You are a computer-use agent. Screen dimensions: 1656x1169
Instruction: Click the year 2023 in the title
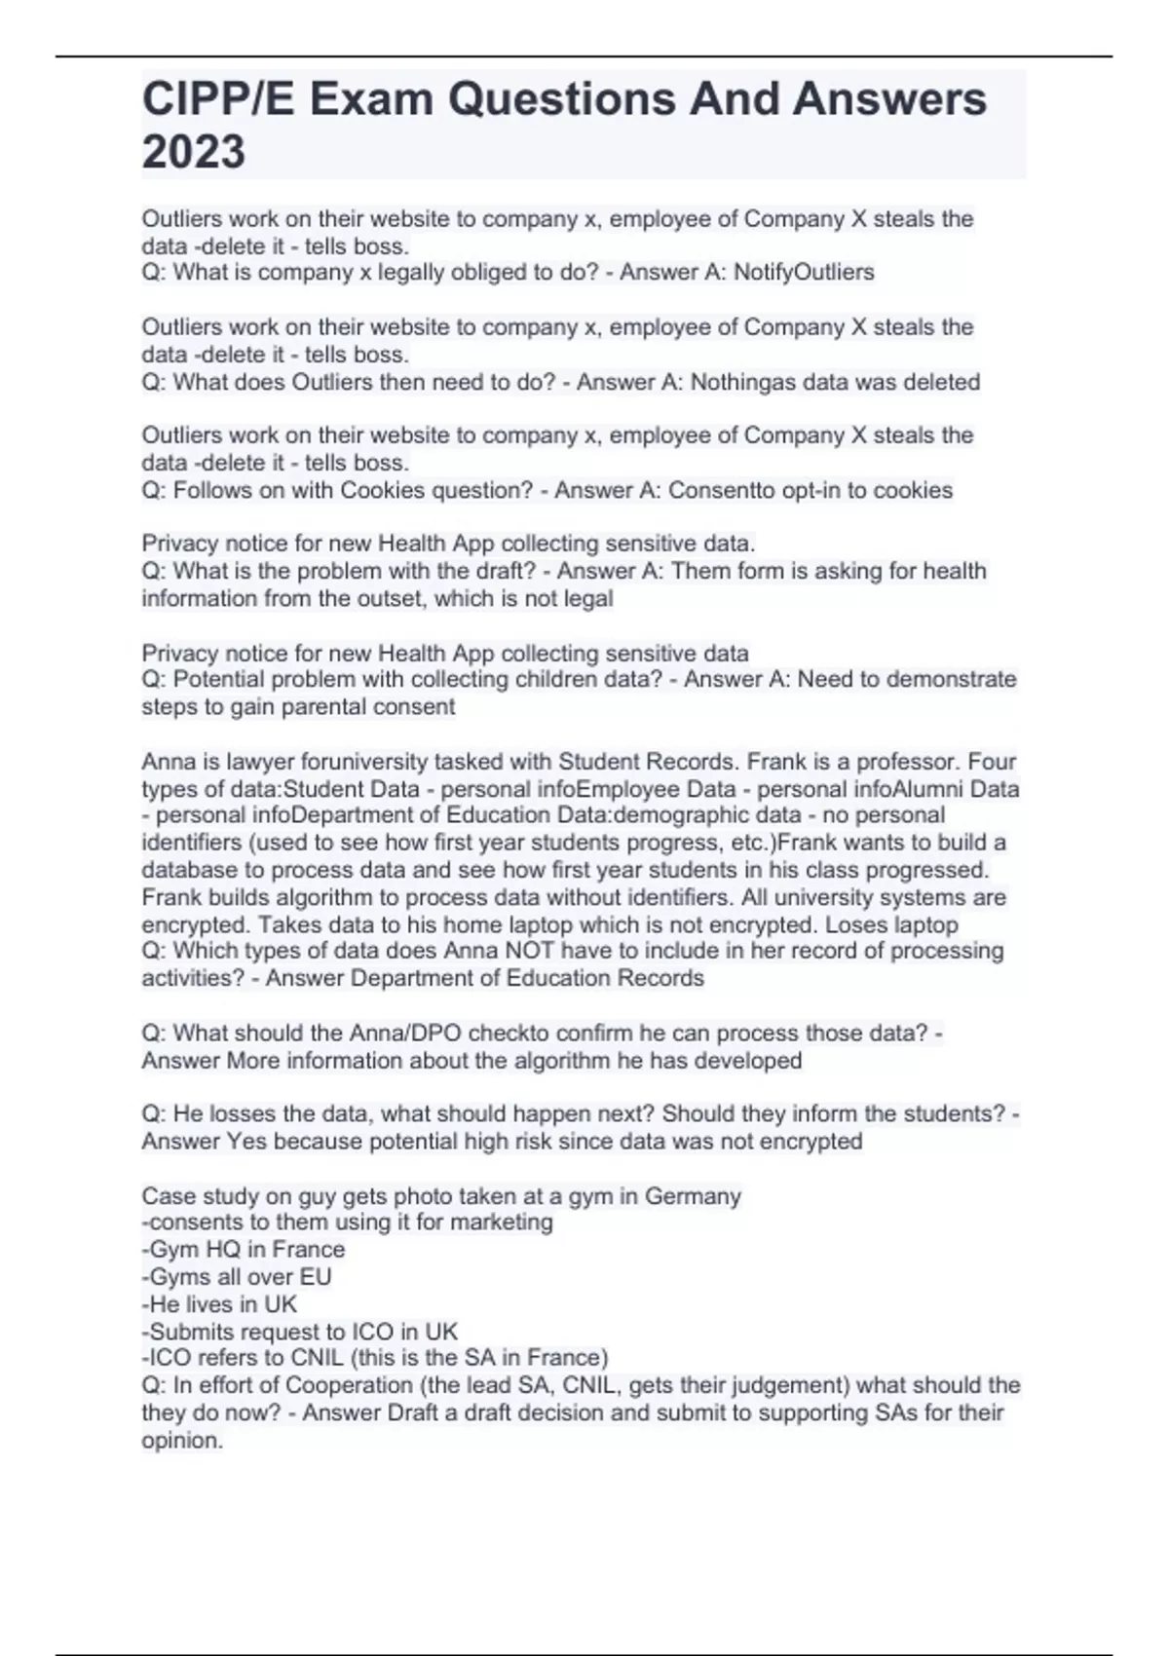[x=193, y=152]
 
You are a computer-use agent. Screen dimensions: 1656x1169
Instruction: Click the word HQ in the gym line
[x=224, y=1249]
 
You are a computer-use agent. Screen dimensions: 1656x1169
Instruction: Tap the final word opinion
[x=182, y=1440]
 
